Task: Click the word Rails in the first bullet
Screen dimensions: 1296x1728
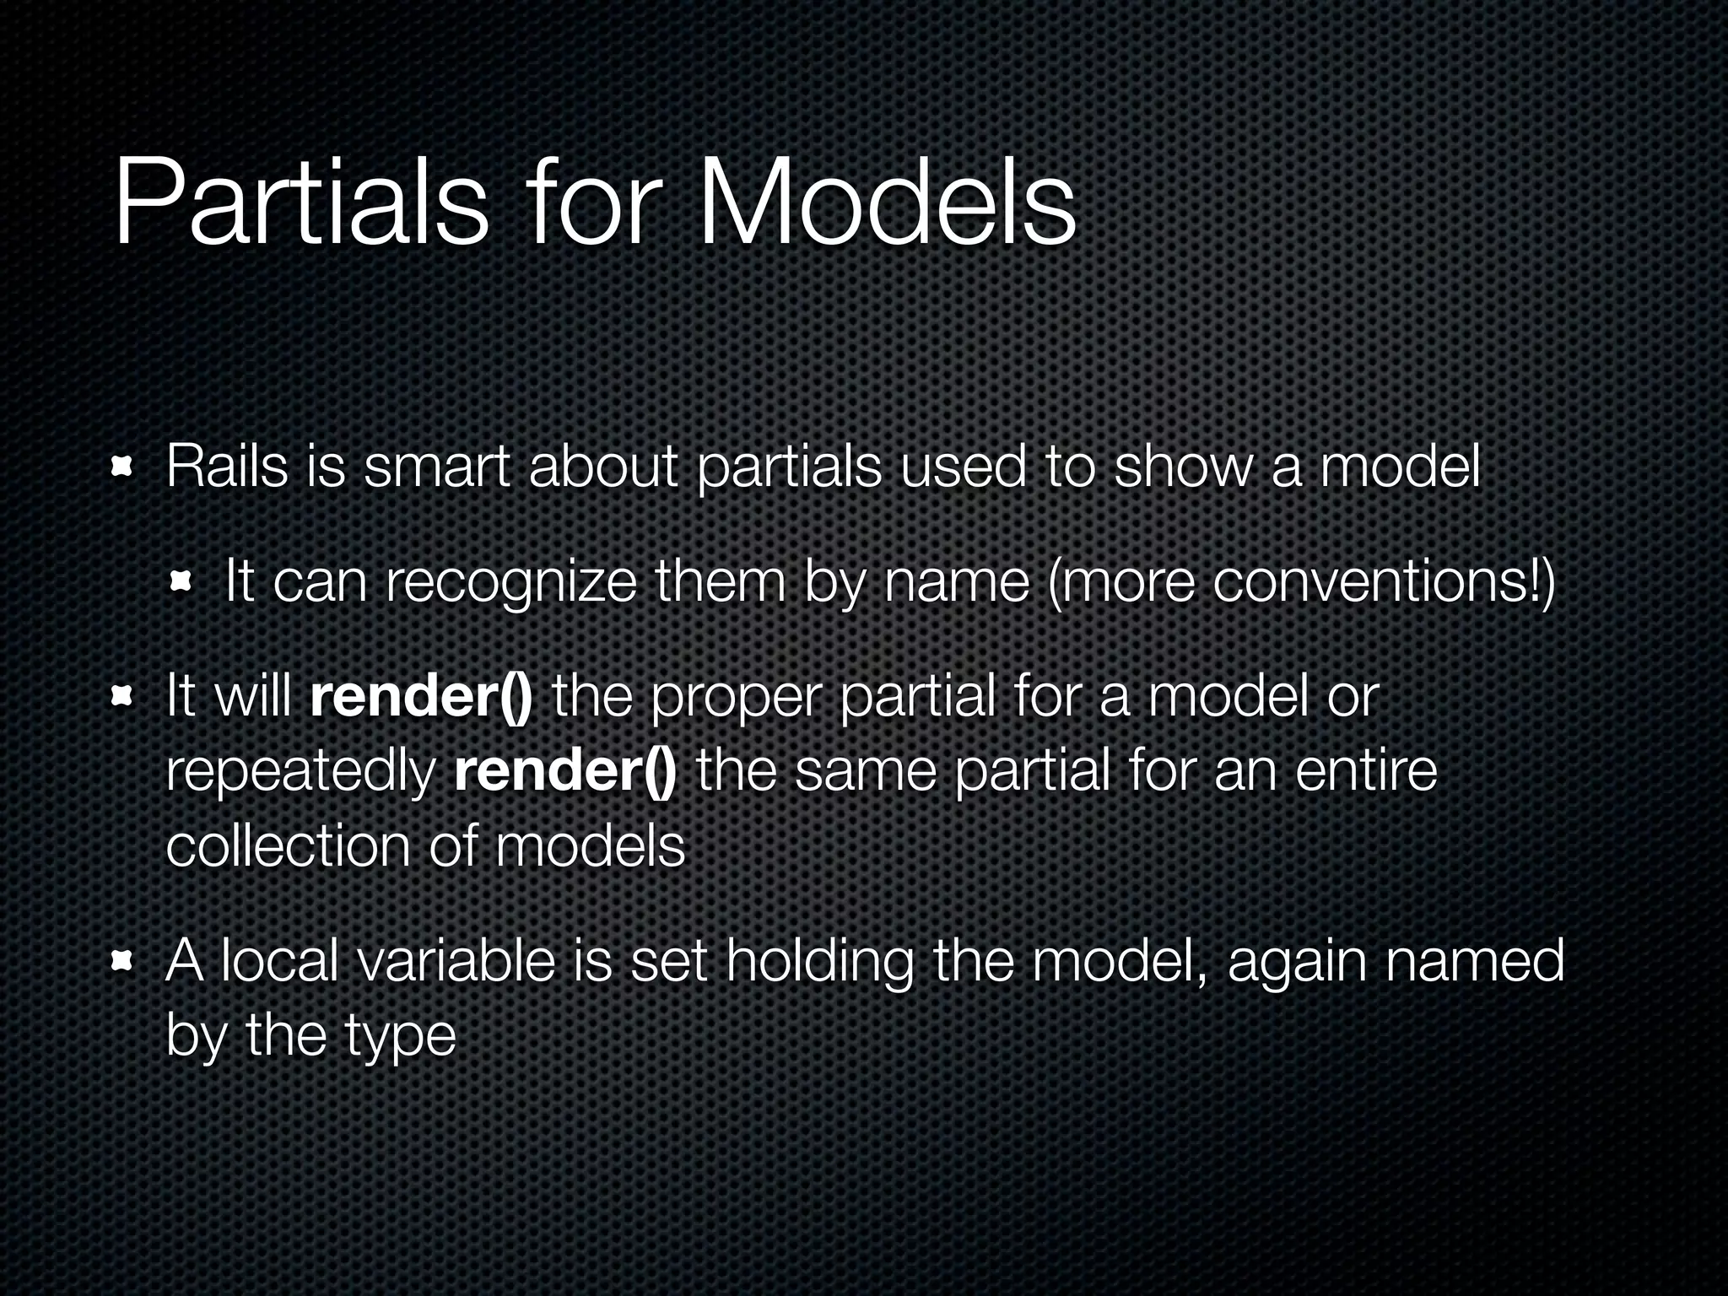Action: coord(227,466)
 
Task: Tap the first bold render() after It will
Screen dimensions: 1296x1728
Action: coord(421,697)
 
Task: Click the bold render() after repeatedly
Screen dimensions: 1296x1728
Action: coord(564,770)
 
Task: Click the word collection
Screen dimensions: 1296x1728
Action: coord(288,845)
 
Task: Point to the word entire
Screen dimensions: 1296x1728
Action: coord(1366,770)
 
